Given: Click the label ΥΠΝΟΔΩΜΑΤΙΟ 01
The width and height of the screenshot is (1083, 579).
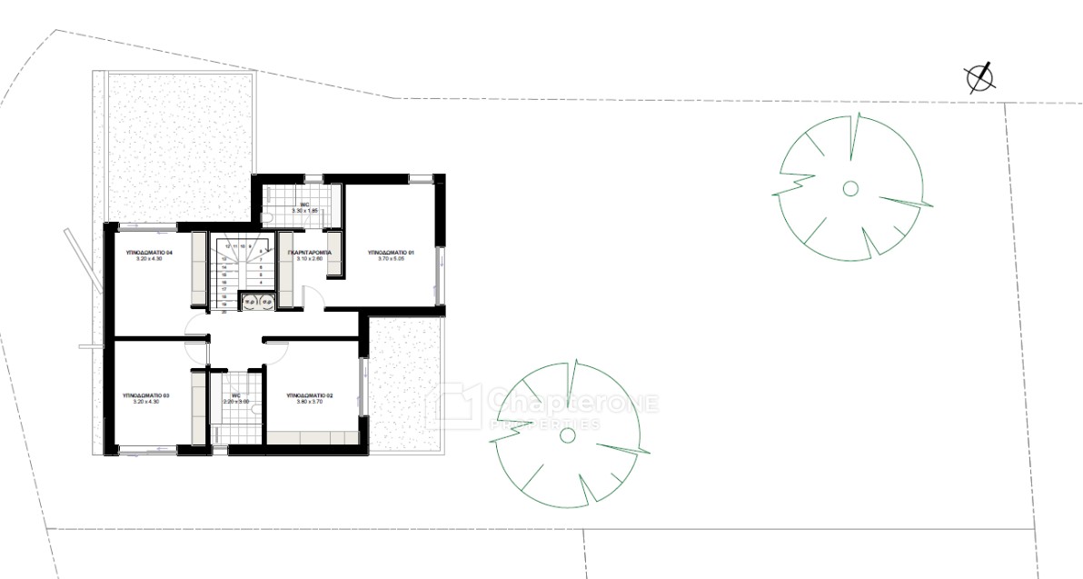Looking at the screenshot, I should click(392, 252).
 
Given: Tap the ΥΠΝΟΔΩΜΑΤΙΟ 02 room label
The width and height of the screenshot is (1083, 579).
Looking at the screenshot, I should click(310, 396).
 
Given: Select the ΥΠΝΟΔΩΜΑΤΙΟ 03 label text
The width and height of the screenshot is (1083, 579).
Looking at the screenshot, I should click(146, 396).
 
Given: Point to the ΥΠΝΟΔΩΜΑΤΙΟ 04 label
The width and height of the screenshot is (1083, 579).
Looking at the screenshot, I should click(149, 252).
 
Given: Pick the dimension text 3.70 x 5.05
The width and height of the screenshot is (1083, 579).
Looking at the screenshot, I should click(392, 259).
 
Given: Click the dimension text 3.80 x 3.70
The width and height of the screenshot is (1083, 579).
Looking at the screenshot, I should click(310, 404).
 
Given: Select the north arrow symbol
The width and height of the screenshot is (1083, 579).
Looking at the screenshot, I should click(980, 79).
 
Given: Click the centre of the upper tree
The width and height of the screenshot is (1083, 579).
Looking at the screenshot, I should click(850, 188).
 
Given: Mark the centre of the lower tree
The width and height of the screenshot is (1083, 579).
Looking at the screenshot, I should click(568, 435).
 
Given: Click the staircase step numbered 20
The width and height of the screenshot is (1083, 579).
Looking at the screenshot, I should click(224, 311).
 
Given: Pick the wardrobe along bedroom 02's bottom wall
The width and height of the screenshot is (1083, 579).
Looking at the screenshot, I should click(311, 438).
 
